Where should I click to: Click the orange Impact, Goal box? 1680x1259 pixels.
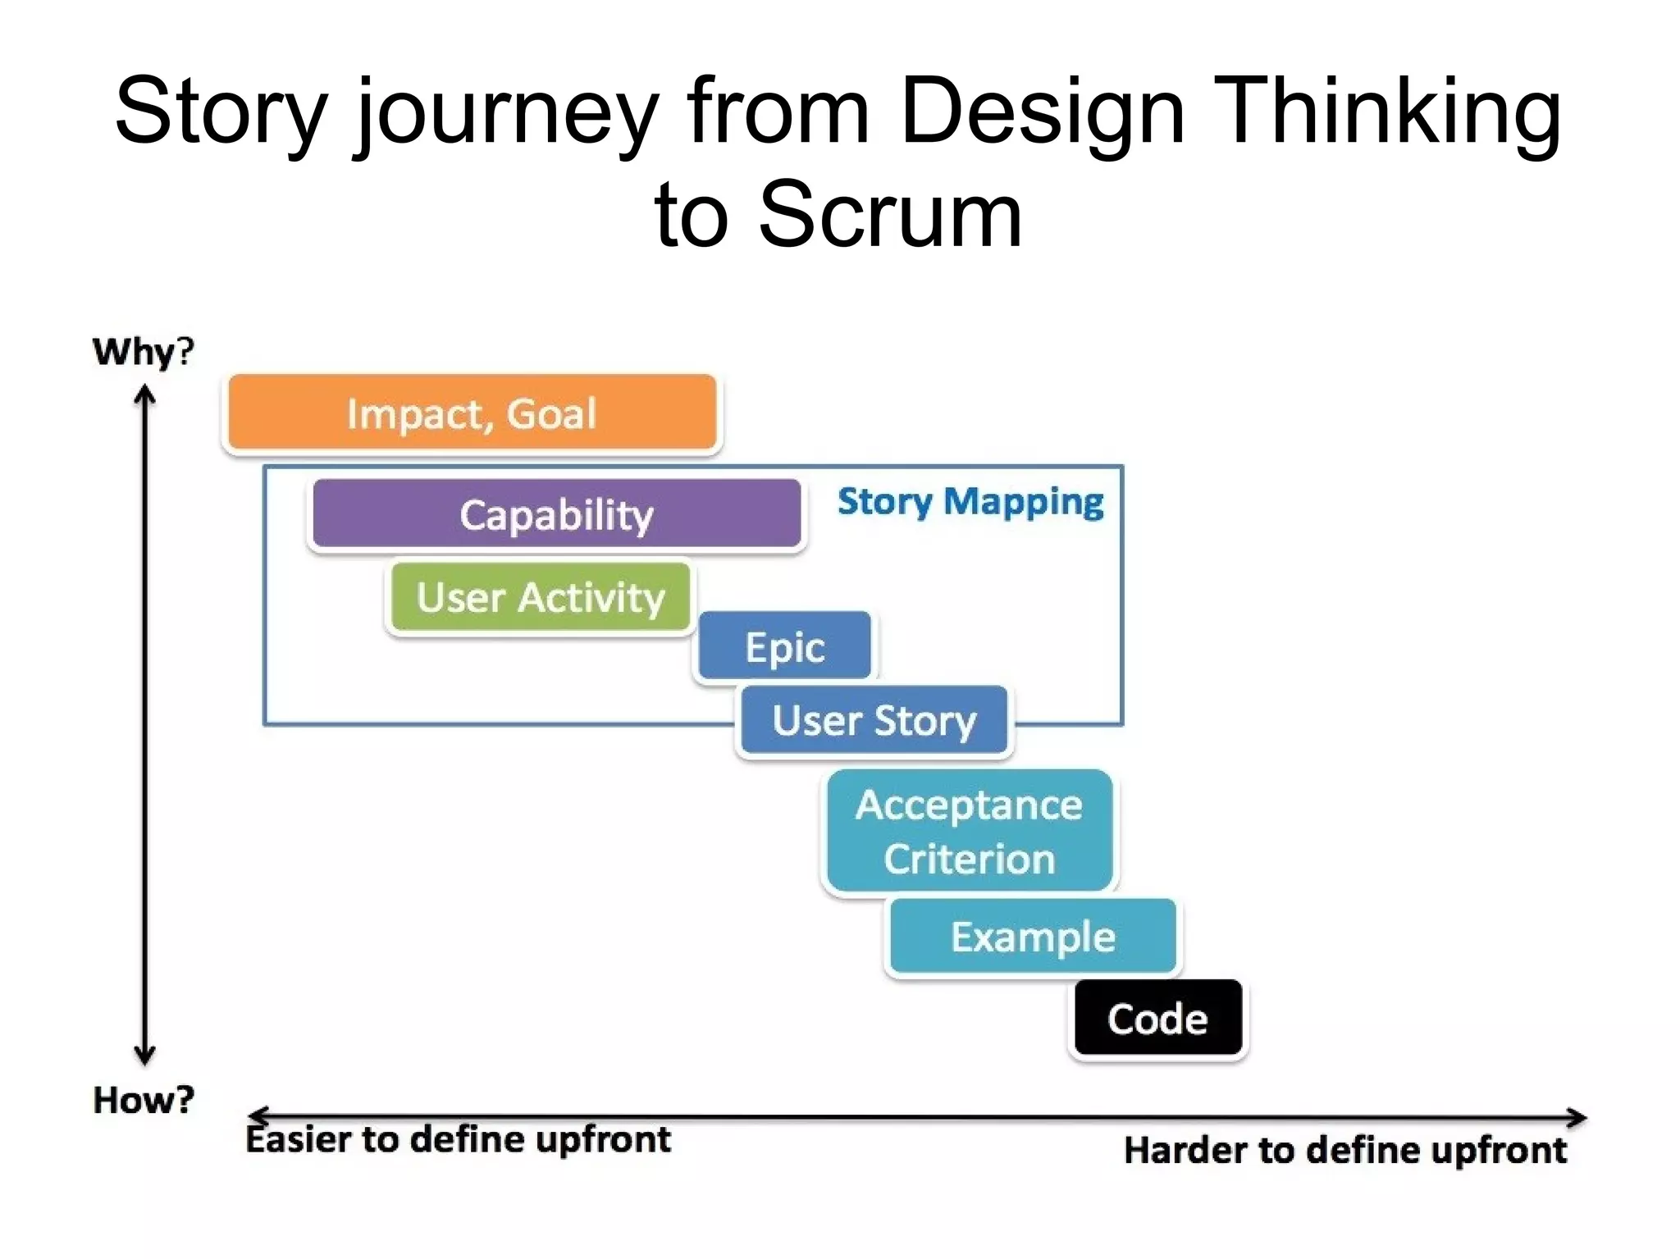(472, 413)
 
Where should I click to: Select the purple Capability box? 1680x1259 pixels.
(556, 514)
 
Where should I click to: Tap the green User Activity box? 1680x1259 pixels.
(540, 596)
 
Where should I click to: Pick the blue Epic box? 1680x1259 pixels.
(784, 646)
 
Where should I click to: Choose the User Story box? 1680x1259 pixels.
(874, 720)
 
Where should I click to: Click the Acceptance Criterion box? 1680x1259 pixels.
(969, 831)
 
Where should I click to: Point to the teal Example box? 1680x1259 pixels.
(1033, 936)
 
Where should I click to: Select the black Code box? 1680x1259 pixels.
(1157, 1018)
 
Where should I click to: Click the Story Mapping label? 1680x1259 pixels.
(970, 501)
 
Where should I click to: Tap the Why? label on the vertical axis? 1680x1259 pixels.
(144, 352)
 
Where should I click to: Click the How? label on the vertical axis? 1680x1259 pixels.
(144, 1100)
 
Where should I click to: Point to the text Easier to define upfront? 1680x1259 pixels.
(458, 1139)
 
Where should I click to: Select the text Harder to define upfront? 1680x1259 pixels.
(1344, 1150)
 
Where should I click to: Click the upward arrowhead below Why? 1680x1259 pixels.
(145, 395)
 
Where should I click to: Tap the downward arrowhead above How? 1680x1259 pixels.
(145, 1055)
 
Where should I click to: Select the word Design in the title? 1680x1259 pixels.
(1042, 112)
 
